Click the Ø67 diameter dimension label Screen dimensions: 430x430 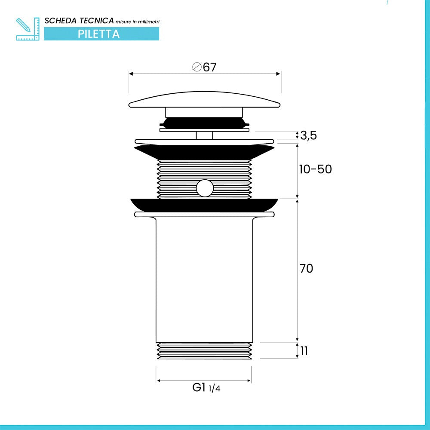tap(204, 67)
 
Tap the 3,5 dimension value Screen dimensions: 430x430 tap(308, 135)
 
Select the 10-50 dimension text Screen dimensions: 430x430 tap(315, 169)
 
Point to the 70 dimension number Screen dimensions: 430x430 tap(306, 268)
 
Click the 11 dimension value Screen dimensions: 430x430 tap(304, 351)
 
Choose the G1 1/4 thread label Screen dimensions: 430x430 tap(206, 387)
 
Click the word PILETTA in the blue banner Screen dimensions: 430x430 tap(99, 34)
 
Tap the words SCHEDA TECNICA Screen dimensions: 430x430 tap(79, 21)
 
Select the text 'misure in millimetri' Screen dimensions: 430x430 tap(138, 21)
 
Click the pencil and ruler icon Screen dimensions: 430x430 tap(28, 29)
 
